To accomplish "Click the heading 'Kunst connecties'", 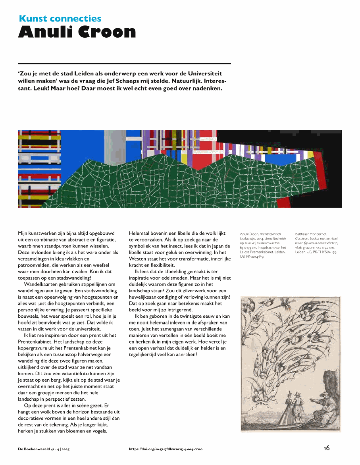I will click(x=60, y=19).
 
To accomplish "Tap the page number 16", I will click(x=326, y=448).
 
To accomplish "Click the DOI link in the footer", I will click(x=166, y=449).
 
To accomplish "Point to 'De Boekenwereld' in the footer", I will click(x=34, y=449).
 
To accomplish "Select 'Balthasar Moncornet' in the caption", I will click(x=311, y=234).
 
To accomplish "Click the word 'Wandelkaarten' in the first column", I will click(x=39, y=284).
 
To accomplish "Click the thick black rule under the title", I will click(x=124, y=64).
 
